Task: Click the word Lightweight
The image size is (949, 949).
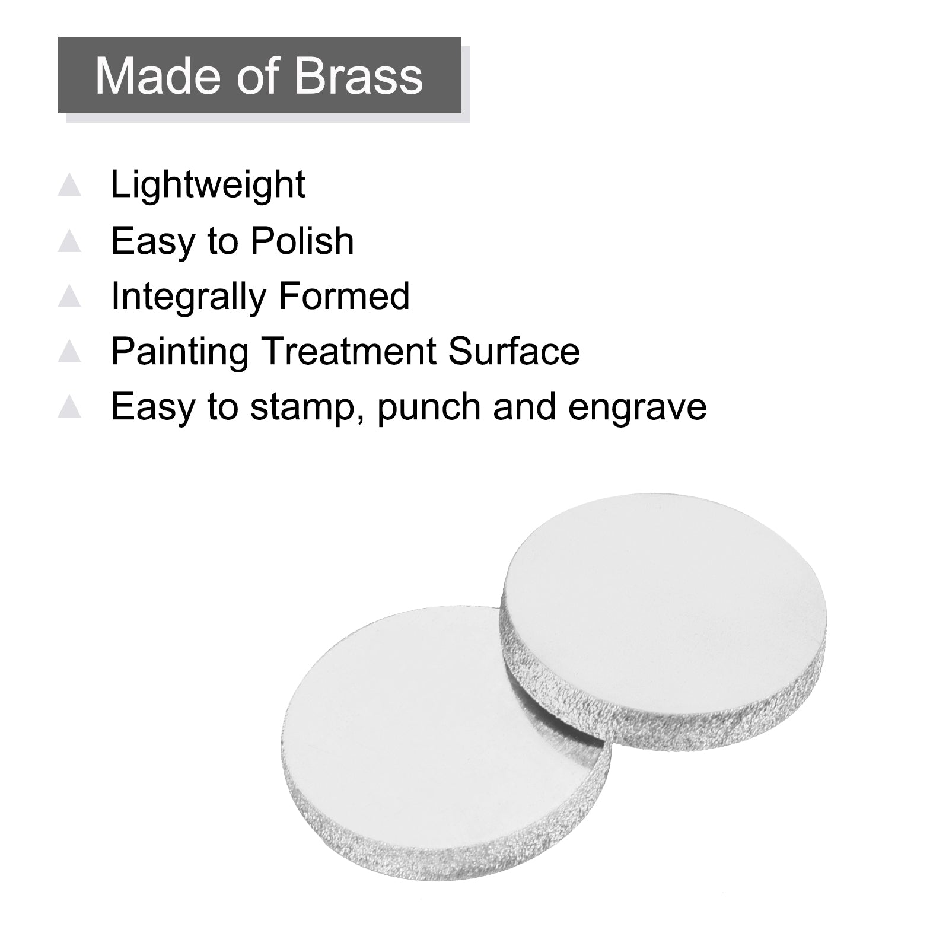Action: click(x=208, y=185)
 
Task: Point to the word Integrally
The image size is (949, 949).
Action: click(x=187, y=297)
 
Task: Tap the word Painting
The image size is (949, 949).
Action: click(x=180, y=352)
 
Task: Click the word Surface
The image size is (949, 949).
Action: click(x=514, y=351)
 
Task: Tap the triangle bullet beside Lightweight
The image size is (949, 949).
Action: click(x=69, y=185)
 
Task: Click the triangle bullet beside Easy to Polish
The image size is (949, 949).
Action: click(x=69, y=241)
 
